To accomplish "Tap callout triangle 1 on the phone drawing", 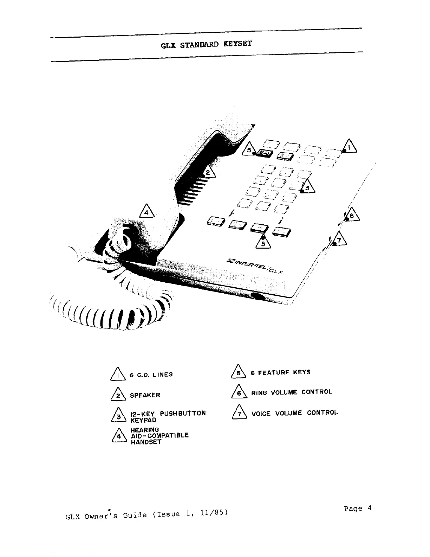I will point(350,146).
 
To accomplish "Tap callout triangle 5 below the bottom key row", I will point(263,242).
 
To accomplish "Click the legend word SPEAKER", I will point(145,395).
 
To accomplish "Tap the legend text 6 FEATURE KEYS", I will point(280,372).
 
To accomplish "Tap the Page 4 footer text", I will point(358,508).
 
